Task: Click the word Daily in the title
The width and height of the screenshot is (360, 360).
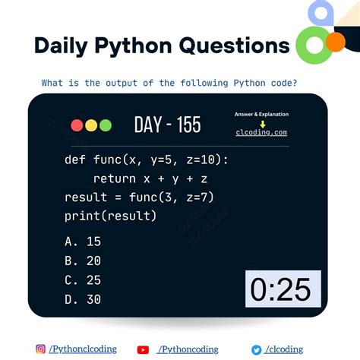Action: (61, 46)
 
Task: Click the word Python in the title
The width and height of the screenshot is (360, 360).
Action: (134, 46)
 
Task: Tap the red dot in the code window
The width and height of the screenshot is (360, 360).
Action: (77, 126)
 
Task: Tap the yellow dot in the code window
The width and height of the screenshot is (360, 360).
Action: (91, 126)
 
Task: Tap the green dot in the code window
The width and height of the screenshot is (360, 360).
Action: (106, 126)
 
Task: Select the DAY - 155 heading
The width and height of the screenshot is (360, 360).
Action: (167, 125)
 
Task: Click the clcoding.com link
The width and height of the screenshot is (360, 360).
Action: (261, 132)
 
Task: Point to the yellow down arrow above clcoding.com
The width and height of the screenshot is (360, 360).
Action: (261, 122)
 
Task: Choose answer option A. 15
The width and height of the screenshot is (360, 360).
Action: (83, 242)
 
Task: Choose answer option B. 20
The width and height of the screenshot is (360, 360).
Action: (83, 261)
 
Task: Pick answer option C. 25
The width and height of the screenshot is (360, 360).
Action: (83, 280)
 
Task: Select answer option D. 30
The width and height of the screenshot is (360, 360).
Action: (83, 299)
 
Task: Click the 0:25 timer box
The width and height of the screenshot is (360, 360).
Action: (282, 289)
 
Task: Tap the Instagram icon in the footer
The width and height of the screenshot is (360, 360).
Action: (41, 349)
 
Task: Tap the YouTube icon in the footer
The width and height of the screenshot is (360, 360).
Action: (143, 349)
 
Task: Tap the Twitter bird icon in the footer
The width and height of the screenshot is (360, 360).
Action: (257, 349)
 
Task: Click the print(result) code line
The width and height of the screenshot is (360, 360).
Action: (111, 216)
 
